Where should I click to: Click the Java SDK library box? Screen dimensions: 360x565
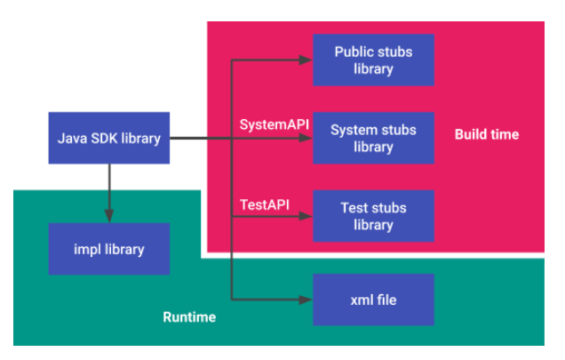point(109,139)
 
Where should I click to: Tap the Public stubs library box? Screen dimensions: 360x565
point(373,60)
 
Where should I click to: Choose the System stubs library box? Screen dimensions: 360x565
point(373,139)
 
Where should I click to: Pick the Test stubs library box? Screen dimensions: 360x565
point(373,216)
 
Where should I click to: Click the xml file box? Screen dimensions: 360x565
point(373,300)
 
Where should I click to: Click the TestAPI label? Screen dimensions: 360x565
point(265,204)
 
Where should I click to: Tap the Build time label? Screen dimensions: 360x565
point(486,134)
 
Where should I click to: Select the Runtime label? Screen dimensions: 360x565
point(188,317)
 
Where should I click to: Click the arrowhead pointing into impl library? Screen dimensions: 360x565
point(109,218)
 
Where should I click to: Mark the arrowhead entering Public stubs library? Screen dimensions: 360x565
point(306,60)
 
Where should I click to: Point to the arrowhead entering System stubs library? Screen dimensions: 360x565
point(306,139)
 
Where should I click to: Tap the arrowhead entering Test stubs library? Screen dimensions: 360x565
point(306,216)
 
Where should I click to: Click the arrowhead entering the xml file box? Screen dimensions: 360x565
point(306,300)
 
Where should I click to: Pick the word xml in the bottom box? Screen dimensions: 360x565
point(361,300)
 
